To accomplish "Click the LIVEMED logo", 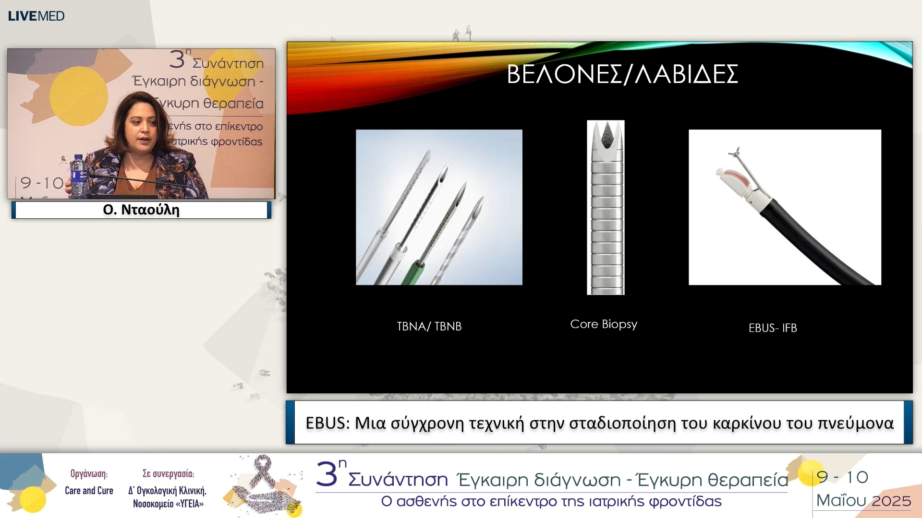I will tap(36, 16).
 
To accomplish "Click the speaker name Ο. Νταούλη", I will tap(141, 210).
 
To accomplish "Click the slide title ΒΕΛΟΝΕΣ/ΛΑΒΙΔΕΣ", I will tap(622, 74).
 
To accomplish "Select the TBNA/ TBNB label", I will tap(429, 326).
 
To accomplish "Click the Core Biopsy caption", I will tap(604, 324).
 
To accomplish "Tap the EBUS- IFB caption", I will tap(773, 328).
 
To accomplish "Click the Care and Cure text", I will tap(89, 491).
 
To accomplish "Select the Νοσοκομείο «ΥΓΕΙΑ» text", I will tap(168, 504).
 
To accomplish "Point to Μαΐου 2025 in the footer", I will tap(863, 501).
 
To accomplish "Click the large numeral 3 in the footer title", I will tap(327, 475).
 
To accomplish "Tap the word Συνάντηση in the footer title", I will tap(398, 480).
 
